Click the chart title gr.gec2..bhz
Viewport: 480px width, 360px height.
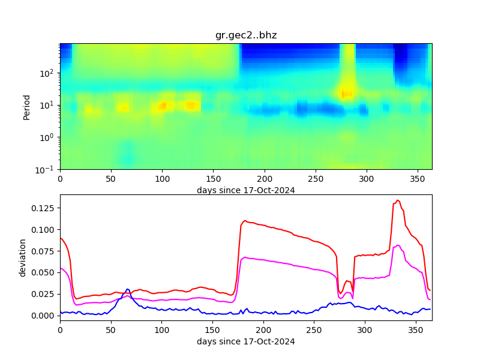click(x=246, y=35)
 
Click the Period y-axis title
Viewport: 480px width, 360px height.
click(x=26, y=106)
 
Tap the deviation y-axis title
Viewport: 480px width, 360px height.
click(x=23, y=257)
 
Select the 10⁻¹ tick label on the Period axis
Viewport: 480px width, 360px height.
click(x=49, y=169)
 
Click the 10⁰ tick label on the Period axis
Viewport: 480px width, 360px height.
click(x=49, y=137)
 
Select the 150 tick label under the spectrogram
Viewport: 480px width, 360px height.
click(x=213, y=179)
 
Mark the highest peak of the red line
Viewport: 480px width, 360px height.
click(x=397, y=200)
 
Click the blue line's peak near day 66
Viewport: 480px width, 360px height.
click(x=127, y=289)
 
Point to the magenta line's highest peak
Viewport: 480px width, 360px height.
click(x=398, y=245)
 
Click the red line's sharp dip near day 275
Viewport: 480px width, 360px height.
click(x=340, y=293)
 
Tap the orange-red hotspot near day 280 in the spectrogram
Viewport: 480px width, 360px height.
click(x=347, y=94)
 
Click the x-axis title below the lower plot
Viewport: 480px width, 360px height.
click(x=246, y=341)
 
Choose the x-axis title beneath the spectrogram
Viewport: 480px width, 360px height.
click(x=246, y=190)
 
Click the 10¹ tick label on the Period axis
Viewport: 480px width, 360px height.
click(x=49, y=105)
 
